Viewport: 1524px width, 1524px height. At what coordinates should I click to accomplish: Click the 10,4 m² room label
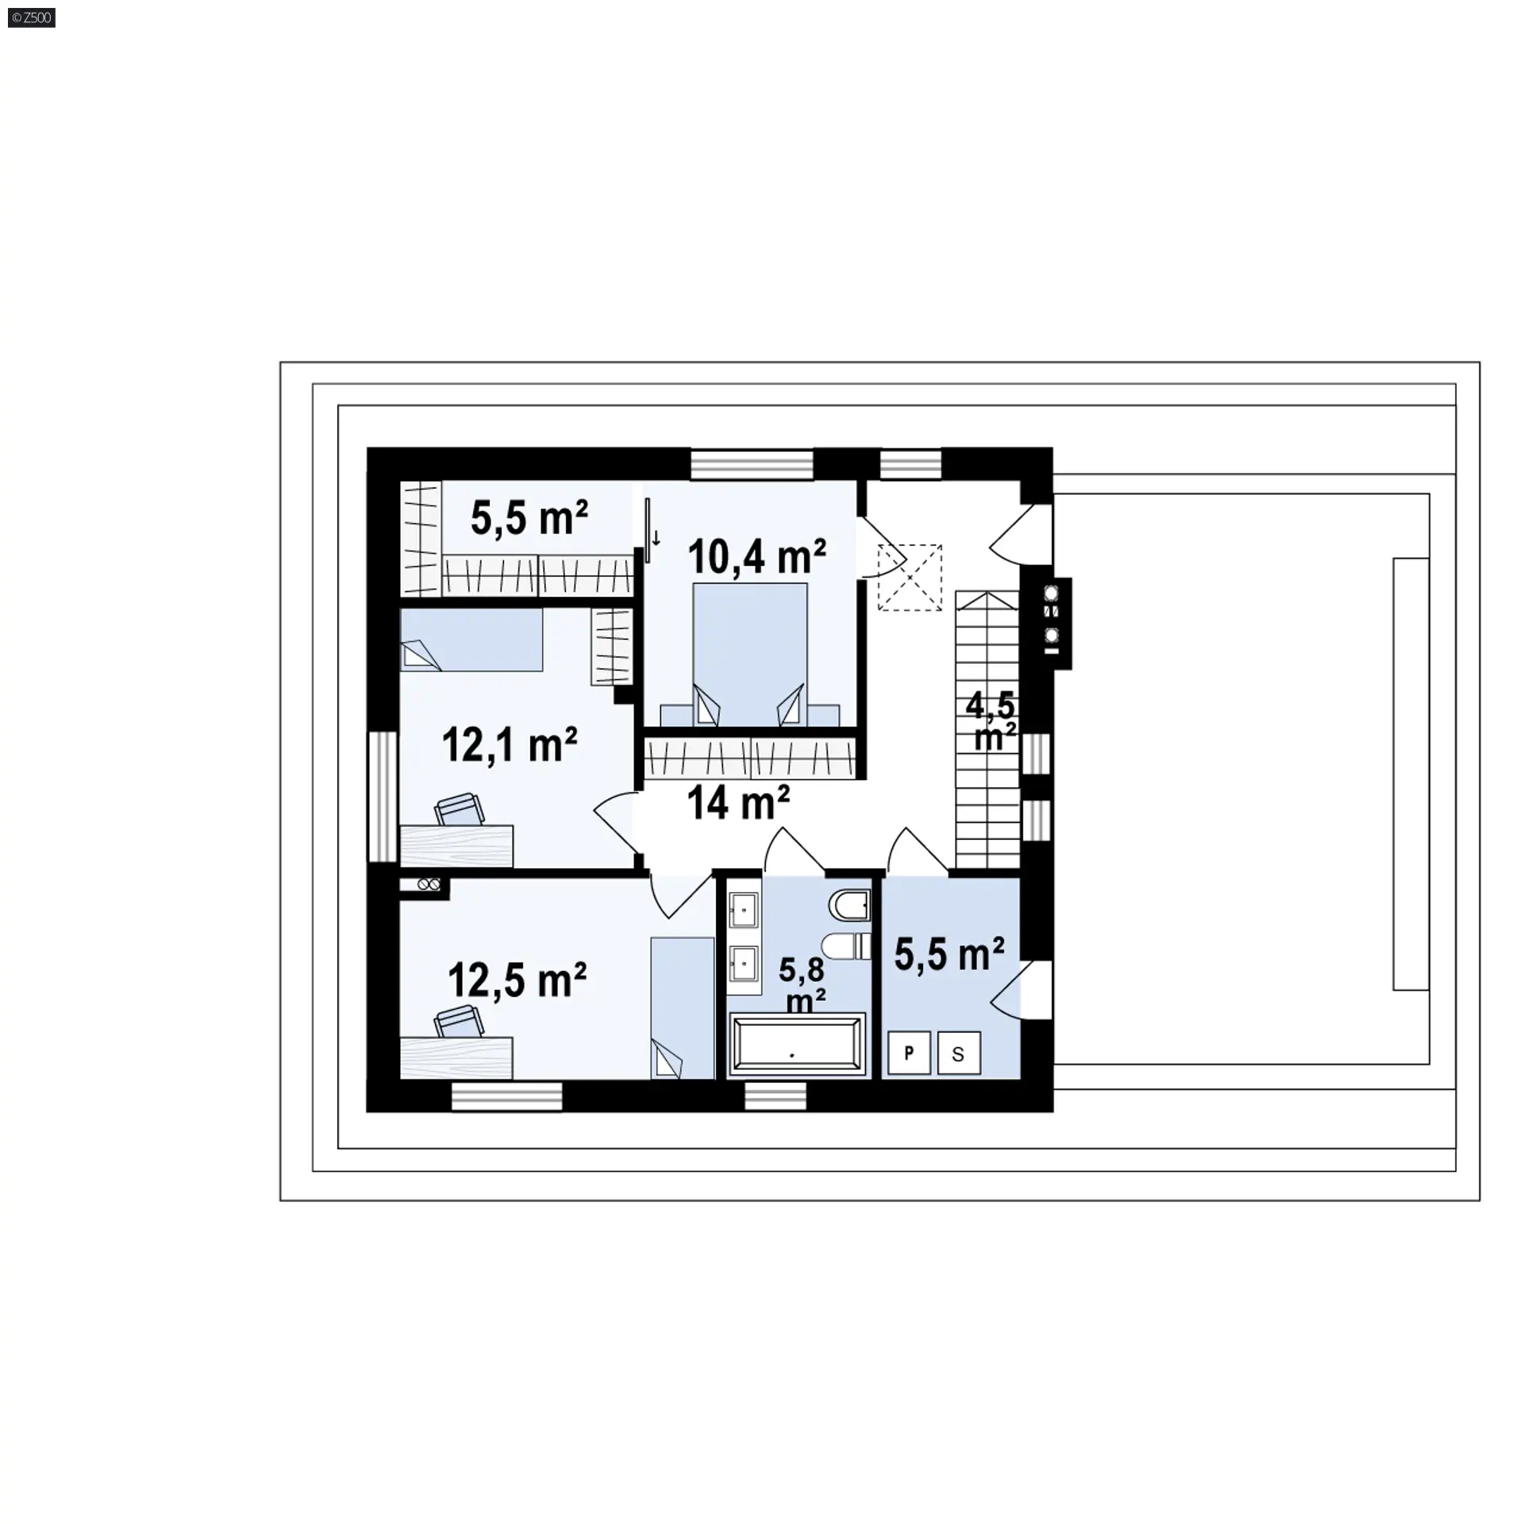[x=756, y=556]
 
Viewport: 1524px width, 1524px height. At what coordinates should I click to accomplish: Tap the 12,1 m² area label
[x=509, y=745]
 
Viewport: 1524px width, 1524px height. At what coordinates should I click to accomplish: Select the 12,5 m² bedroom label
[x=517, y=980]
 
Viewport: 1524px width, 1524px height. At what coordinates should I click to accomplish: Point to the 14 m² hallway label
[x=737, y=802]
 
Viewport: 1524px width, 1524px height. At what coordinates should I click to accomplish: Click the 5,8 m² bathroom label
[x=802, y=985]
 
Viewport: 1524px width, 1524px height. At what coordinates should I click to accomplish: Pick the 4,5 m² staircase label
[x=992, y=720]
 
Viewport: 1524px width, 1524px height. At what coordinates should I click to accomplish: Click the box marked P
[x=909, y=1053]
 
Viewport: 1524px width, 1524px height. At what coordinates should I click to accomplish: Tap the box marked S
[x=959, y=1053]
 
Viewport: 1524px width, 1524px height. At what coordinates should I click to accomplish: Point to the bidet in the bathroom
[x=849, y=904]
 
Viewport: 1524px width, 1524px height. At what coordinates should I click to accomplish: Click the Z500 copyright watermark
[x=32, y=17]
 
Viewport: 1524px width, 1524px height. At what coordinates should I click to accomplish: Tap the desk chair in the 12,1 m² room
[x=459, y=809]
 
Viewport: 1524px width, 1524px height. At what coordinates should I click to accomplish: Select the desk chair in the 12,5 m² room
[x=459, y=1021]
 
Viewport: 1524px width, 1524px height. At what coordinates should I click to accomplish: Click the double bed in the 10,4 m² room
[x=750, y=654]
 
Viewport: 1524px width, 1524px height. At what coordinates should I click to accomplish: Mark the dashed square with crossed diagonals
[x=910, y=577]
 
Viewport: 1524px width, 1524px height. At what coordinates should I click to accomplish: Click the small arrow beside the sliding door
[x=656, y=539]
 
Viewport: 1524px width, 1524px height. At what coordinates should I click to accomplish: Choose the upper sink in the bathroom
[x=744, y=910]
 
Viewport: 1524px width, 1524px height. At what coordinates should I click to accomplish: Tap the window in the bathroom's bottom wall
[x=775, y=1096]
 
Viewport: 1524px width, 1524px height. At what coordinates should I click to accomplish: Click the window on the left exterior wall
[x=382, y=796]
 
